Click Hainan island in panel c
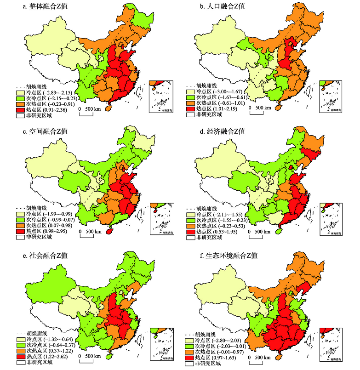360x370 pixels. [109, 232]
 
